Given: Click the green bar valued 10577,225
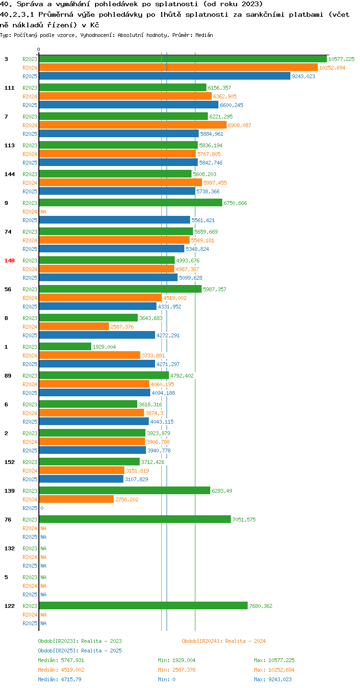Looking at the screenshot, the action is point(183,59).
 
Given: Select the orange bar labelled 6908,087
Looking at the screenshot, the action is point(132,125).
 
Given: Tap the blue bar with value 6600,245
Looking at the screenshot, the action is point(129,105).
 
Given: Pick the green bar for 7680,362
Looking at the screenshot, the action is point(144,605).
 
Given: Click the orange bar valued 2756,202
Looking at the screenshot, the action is point(76,499).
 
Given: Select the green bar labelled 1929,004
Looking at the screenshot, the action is point(65,347).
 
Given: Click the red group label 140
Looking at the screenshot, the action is point(10,261).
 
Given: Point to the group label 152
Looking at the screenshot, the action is point(10,462).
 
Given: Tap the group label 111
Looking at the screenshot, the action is point(10,88).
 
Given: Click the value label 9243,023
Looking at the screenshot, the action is point(303,76).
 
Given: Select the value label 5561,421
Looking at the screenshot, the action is point(203,220).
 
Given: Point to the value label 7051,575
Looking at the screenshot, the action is point(244,520).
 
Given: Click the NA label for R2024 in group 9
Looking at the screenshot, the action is point(43,212).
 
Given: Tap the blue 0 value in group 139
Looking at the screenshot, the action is point(42,508).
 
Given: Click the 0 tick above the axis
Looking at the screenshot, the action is point(39,49).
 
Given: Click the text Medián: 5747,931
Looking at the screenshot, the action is point(61,660).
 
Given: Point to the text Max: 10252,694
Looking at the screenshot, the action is point(274,670).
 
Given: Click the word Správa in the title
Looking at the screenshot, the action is point(30,4).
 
